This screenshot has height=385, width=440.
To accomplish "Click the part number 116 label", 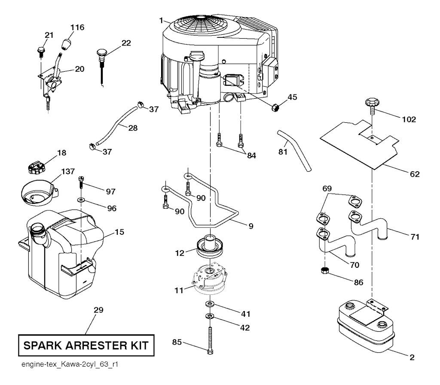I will (x=78, y=27).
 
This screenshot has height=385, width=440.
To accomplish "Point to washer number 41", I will (x=210, y=304).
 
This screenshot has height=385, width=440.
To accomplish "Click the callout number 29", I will (x=98, y=309).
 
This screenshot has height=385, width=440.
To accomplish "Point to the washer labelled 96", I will (x=81, y=200).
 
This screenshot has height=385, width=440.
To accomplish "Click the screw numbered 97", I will (x=80, y=184).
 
